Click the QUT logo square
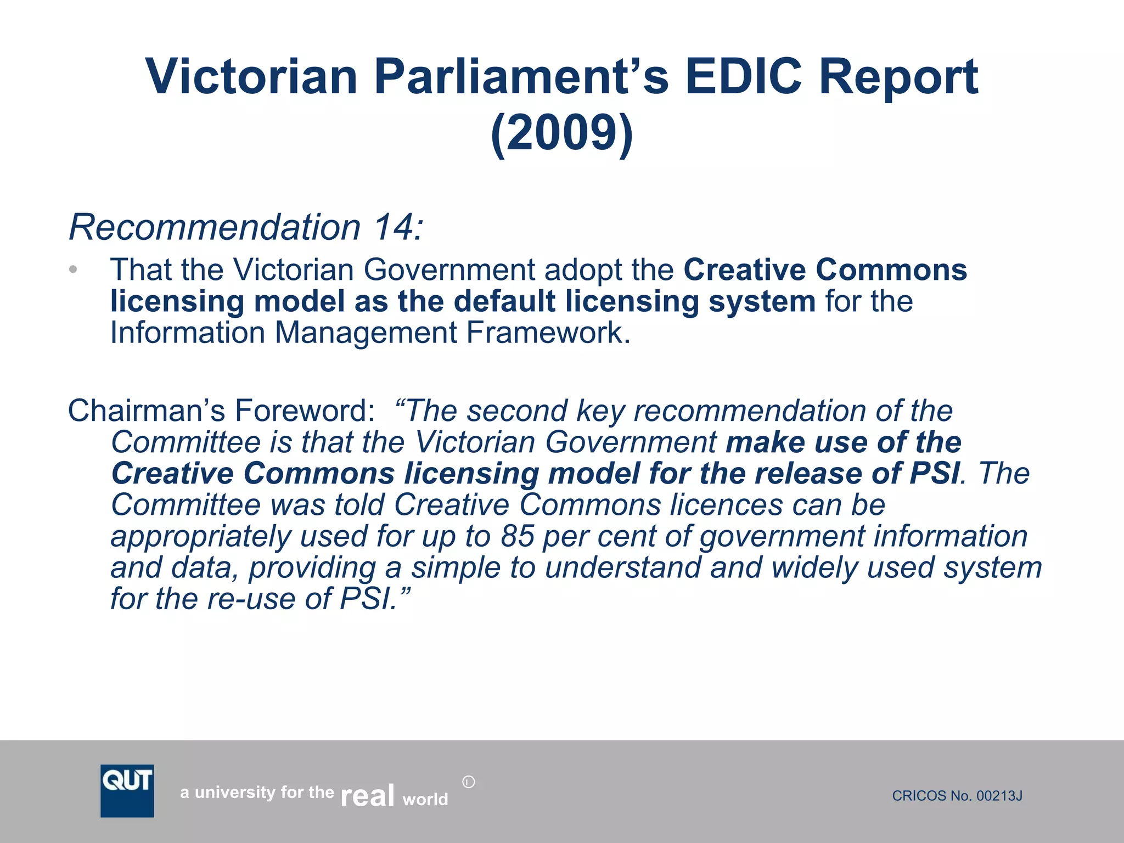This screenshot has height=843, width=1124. [127, 790]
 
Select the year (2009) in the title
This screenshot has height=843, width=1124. [561, 133]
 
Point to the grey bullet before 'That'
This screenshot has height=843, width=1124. [74, 269]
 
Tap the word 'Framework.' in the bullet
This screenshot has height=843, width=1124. [548, 333]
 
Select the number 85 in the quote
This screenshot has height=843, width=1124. [517, 536]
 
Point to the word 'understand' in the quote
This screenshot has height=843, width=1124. [622, 567]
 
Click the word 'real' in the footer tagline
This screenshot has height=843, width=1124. [367, 795]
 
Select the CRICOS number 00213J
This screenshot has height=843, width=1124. [999, 796]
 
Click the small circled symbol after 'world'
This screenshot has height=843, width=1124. [468, 782]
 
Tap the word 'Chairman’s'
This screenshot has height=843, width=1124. [146, 411]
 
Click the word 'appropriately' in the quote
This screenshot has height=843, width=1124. [200, 536]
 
